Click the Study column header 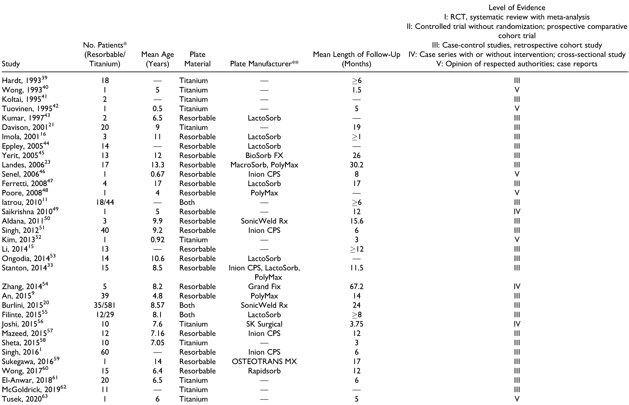[11, 64]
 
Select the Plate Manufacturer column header [264, 64]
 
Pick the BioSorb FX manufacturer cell [264, 155]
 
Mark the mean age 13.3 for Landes [157, 165]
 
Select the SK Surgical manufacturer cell [264, 324]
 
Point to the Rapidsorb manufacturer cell [264, 371]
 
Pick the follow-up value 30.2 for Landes [356, 165]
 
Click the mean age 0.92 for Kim [157, 240]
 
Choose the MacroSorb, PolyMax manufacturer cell [264, 165]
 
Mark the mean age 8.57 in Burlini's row [157, 305]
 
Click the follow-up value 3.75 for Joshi [356, 324]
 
